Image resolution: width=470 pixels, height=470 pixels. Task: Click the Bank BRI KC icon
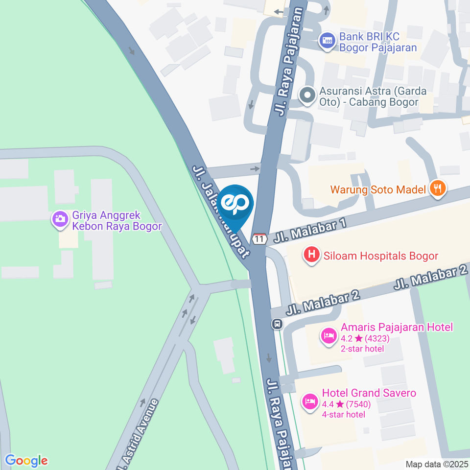(x=327, y=40)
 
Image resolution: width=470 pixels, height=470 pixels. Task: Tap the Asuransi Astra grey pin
(x=307, y=95)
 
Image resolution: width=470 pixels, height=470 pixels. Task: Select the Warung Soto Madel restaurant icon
(x=437, y=188)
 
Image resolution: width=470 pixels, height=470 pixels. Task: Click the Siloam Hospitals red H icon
(x=310, y=255)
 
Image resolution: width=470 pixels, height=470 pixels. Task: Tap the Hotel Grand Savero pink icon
(x=309, y=402)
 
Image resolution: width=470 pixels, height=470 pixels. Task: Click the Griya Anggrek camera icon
(x=60, y=219)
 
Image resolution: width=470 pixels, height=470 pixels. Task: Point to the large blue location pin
(x=235, y=205)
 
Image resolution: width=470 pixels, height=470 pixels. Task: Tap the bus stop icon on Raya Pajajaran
(x=277, y=324)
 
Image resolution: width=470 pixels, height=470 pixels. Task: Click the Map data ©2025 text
(x=436, y=464)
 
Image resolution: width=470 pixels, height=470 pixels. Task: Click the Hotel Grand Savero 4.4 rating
(x=346, y=404)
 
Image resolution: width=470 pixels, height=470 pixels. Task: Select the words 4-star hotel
(x=343, y=415)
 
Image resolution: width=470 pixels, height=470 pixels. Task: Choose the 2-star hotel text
(x=362, y=349)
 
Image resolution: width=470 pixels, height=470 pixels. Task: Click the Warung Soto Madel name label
(x=378, y=189)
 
